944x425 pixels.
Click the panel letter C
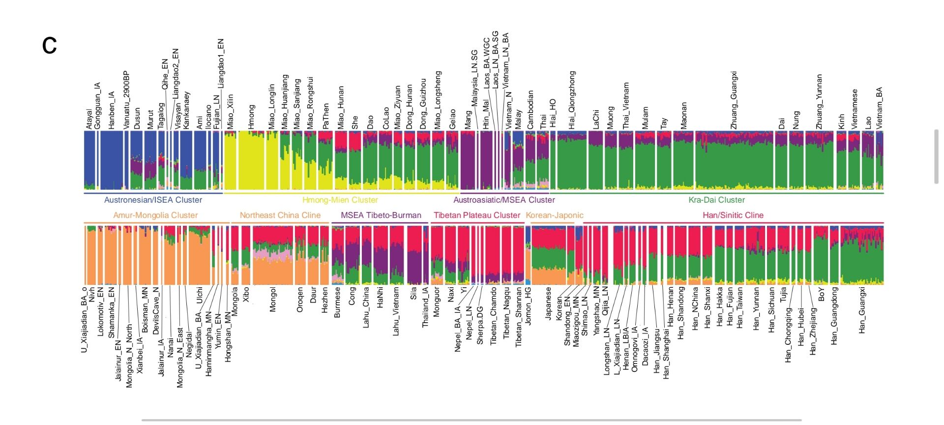pos(50,46)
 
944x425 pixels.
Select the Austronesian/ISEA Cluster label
pos(153,200)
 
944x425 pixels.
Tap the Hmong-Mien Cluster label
pos(340,200)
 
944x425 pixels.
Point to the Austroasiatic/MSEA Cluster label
pos(504,200)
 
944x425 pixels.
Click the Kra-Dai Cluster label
pos(716,200)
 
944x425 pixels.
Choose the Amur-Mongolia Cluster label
pos(155,215)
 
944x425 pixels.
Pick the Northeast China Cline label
pos(280,215)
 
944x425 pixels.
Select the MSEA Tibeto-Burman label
pos(381,215)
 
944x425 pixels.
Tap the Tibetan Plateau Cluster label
pos(476,215)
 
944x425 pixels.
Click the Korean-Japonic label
pos(555,215)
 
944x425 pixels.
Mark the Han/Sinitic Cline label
pos(733,215)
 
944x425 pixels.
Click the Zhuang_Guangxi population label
pos(734,100)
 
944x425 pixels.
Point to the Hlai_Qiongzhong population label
pos(572,100)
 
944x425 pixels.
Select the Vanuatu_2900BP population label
pos(126,100)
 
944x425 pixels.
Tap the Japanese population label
pos(548,304)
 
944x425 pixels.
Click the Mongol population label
pos(273,300)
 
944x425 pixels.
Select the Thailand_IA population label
pos(425,307)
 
